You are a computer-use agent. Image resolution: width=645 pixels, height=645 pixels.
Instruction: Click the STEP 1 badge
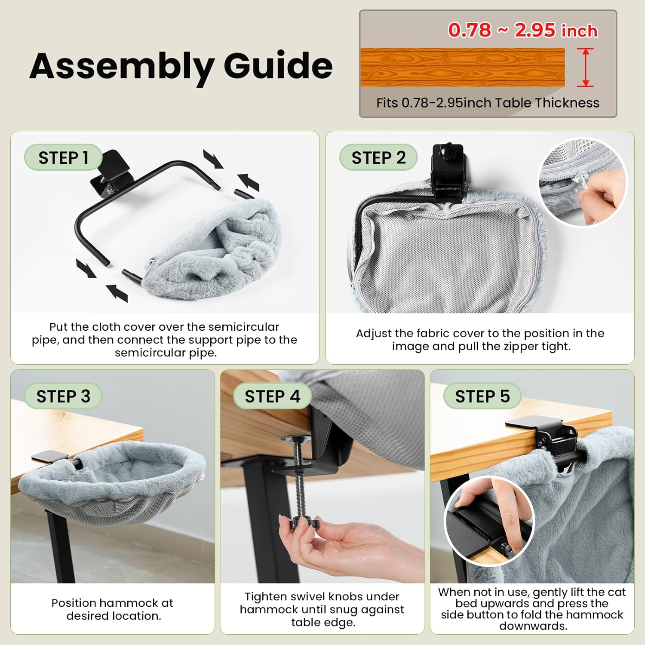63,157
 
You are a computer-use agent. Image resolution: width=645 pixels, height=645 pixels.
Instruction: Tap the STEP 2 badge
378,157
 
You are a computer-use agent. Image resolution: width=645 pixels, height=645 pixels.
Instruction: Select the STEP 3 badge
63,396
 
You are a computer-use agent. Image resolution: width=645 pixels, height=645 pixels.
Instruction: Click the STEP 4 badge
272,396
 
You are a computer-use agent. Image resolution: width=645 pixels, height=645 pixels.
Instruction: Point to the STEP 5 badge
482,396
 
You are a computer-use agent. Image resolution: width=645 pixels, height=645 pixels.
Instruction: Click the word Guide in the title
278,65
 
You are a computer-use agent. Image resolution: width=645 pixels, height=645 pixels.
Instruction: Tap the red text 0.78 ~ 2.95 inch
522,30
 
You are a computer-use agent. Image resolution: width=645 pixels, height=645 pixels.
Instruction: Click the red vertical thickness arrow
585,68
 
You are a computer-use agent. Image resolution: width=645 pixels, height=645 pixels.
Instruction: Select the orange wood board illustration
462,68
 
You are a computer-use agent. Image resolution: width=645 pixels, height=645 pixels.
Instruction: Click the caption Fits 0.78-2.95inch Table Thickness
487,103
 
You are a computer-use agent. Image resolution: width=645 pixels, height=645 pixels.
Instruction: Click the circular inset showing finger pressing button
489,521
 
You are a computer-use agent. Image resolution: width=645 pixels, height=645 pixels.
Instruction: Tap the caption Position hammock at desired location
113,609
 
